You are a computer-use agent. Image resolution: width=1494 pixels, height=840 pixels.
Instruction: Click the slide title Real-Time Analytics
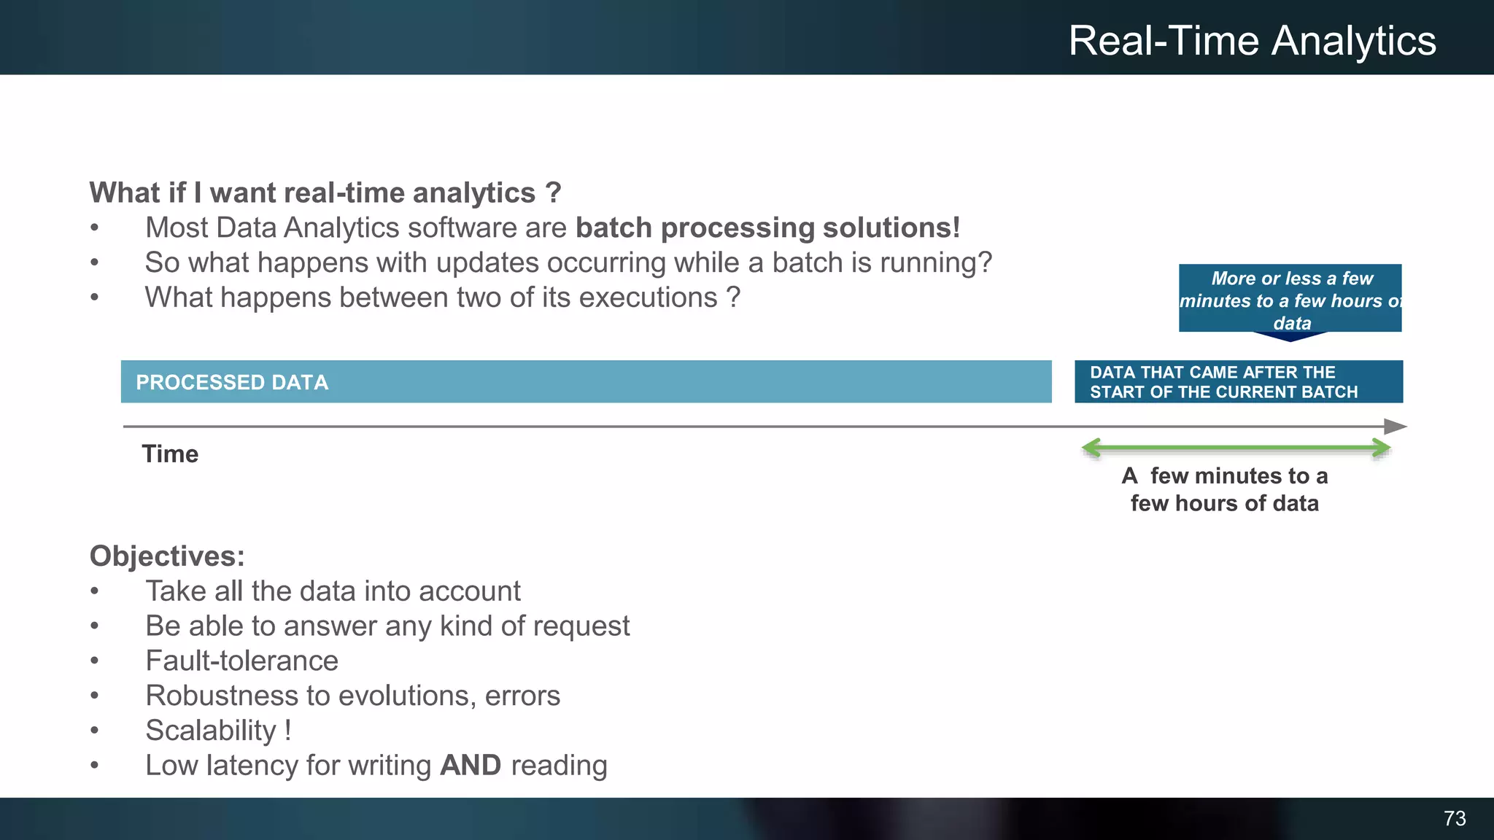(x=1252, y=41)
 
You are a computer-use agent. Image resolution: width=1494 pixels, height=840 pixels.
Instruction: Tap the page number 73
(x=1455, y=819)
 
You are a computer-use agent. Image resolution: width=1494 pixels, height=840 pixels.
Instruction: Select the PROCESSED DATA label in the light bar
(x=232, y=383)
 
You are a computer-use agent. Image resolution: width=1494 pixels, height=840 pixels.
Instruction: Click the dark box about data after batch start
(x=1238, y=382)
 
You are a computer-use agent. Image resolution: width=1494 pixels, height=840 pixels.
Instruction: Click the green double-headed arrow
(x=1236, y=448)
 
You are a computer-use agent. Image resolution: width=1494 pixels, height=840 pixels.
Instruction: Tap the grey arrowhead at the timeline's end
(x=1396, y=427)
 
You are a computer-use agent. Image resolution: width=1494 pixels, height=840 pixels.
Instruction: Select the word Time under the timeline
(x=170, y=454)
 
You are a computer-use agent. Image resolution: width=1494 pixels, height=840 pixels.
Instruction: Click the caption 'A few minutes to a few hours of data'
(x=1225, y=489)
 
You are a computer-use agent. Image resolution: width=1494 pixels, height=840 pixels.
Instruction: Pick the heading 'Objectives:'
(x=167, y=556)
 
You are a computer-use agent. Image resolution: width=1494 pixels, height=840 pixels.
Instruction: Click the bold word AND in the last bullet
(x=471, y=766)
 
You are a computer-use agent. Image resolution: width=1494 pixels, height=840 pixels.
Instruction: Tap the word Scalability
(x=211, y=731)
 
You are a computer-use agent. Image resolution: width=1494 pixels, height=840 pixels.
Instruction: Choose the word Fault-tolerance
(x=242, y=661)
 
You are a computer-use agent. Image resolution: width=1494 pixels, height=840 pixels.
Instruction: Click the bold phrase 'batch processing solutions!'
(x=767, y=228)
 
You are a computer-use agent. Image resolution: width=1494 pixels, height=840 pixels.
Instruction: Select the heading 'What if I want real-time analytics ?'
(x=325, y=193)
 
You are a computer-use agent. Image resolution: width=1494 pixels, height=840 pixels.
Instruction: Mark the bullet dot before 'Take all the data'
(x=94, y=592)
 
